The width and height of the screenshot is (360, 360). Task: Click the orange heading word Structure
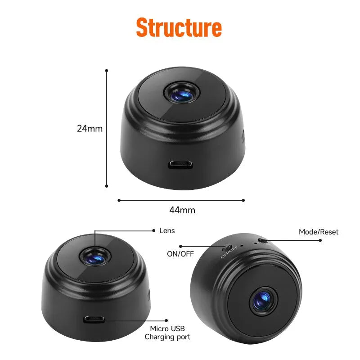(179, 28)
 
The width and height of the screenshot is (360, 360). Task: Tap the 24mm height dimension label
(90, 128)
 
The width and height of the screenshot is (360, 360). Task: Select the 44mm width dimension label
(182, 210)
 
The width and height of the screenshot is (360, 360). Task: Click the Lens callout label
(167, 231)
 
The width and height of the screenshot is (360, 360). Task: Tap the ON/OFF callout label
(180, 254)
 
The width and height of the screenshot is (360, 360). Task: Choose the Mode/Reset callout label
(319, 232)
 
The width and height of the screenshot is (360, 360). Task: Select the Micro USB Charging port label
(167, 333)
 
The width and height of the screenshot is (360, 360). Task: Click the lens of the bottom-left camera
(95, 257)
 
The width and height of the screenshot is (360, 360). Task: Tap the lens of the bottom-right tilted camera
(263, 300)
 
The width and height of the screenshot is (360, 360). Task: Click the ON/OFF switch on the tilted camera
(228, 247)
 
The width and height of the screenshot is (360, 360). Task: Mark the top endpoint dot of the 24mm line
(107, 71)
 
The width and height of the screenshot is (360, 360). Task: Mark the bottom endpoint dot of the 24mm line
(107, 185)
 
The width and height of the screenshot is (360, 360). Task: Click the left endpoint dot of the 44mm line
(119, 200)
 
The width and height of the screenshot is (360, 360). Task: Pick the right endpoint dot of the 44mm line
(243, 200)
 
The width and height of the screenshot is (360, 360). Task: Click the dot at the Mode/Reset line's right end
(320, 241)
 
